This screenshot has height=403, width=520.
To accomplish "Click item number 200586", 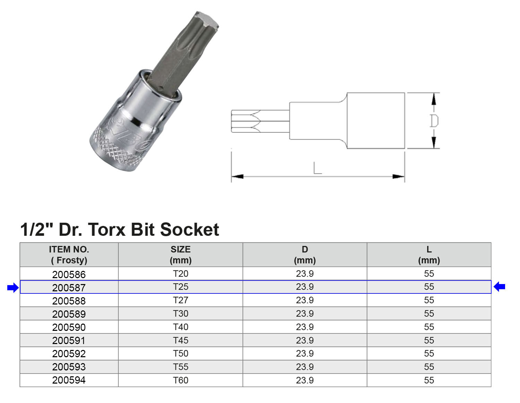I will click(69, 274).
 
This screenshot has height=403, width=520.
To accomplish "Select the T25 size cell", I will click(181, 287).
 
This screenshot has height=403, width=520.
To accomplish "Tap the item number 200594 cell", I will click(69, 380).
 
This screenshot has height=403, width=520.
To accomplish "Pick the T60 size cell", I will click(181, 380).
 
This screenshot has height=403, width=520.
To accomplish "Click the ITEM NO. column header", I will click(69, 255).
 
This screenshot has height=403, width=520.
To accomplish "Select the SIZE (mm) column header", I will click(181, 255).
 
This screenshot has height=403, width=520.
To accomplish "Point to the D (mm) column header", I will click(305, 255).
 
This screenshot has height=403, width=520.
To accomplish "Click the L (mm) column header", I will click(429, 255).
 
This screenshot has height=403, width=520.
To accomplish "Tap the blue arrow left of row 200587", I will click(13, 288).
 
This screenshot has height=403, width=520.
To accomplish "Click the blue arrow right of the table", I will click(499, 287).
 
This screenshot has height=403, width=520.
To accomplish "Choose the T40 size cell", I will click(181, 327).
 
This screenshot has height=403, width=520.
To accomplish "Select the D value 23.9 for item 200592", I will click(305, 353).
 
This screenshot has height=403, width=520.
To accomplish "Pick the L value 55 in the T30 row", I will click(429, 314).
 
